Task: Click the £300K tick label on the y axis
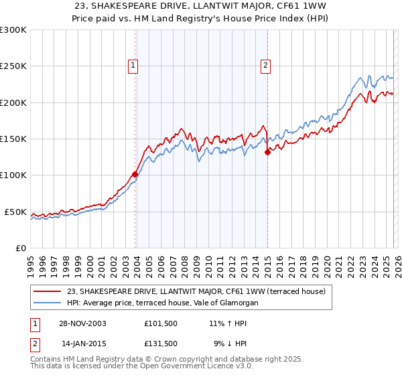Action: tap(13, 30)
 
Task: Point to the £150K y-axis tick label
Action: tap(13, 139)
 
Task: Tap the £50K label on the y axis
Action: tap(15, 212)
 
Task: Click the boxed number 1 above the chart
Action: tap(133, 66)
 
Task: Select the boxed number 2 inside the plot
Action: tap(266, 66)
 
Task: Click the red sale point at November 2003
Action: tap(135, 174)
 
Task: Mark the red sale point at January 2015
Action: tap(267, 153)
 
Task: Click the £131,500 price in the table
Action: tap(161, 344)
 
